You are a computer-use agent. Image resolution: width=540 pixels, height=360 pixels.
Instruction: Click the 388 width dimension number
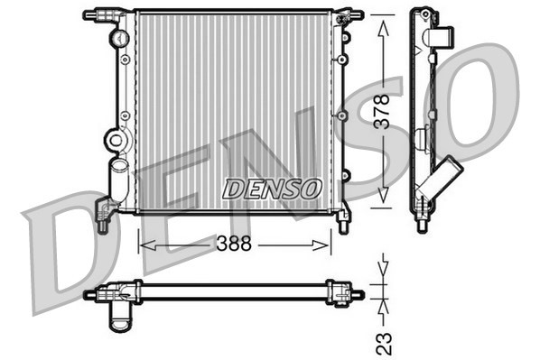pos(235,245)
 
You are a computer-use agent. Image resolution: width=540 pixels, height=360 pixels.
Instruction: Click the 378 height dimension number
pos(383,114)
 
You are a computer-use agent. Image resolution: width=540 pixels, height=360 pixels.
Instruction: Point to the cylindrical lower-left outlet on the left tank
pos(117,180)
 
